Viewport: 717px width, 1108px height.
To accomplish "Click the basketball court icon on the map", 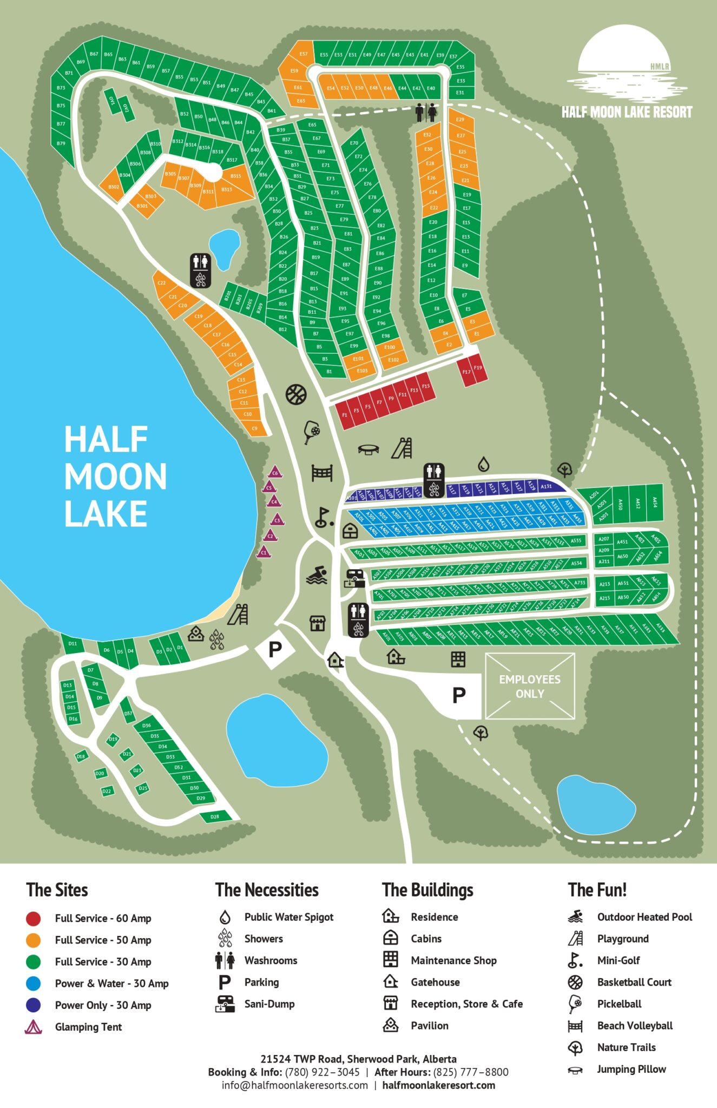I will [x=296, y=394].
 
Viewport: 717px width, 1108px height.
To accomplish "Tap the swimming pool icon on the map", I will [x=317, y=575].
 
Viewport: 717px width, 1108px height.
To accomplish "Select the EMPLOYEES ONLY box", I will [x=530, y=686].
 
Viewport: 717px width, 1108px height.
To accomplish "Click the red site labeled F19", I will [x=478, y=368].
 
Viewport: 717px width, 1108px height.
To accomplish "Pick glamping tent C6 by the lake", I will [x=275, y=472].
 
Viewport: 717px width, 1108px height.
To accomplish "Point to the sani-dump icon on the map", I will [x=354, y=578].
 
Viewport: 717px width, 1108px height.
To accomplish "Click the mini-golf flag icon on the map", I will [x=323, y=518].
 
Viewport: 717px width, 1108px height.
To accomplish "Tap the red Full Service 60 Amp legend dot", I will [x=34, y=918].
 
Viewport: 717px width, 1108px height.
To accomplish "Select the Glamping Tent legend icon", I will [x=34, y=1027].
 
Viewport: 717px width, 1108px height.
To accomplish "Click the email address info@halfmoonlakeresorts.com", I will [x=294, y=1085].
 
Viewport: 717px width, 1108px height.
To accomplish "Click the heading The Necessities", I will [x=267, y=890].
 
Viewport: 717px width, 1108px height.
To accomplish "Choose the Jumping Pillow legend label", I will [x=631, y=1069].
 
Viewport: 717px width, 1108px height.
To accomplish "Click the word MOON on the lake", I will [x=115, y=476].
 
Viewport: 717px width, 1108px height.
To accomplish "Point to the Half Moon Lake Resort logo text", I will [x=627, y=112].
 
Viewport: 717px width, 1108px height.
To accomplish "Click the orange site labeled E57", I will [x=303, y=54].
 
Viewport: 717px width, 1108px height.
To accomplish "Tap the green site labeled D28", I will [x=215, y=816].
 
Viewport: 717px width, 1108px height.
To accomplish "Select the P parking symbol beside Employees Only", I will [x=459, y=695].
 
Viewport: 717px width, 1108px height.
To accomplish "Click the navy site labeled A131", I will [x=546, y=486].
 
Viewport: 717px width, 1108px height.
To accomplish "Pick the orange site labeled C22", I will [x=162, y=283].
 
